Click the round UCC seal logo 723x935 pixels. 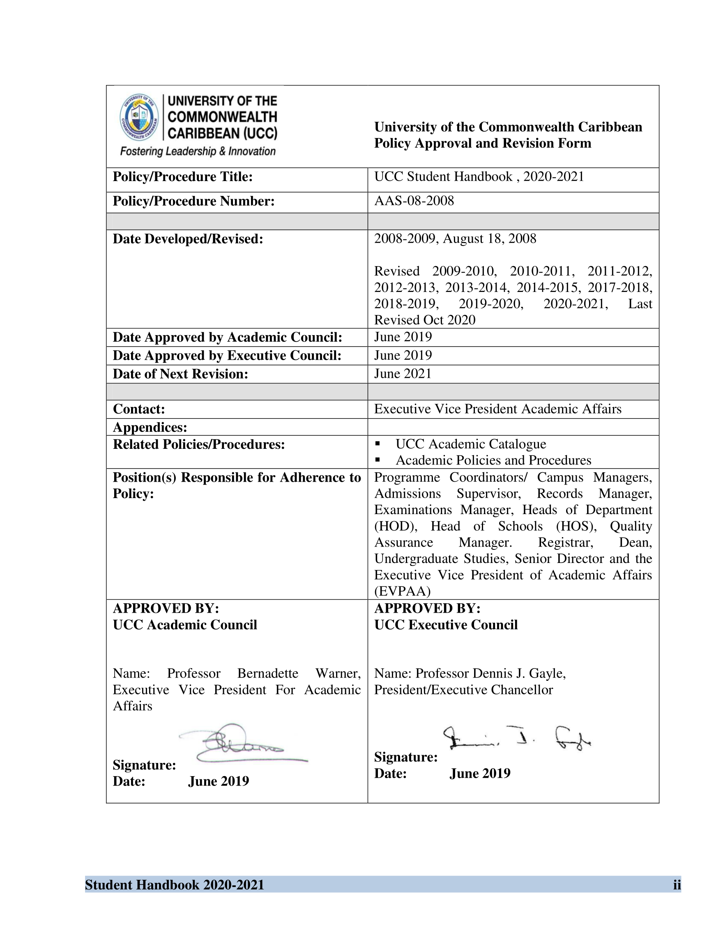[x=139, y=117]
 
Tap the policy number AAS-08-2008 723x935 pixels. [x=414, y=201]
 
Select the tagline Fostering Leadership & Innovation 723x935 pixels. [x=198, y=151]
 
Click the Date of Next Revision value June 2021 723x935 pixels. [x=403, y=374]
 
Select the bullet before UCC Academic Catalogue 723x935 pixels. [x=378, y=443]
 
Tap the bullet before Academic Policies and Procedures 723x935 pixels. [x=378, y=460]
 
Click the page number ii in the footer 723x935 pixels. [x=677, y=885]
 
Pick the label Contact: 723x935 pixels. [x=139, y=409]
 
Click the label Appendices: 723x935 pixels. [x=150, y=427]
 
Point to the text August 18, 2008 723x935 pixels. [x=489, y=239]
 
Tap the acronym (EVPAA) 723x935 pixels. [x=402, y=591]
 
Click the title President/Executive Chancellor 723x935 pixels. [x=463, y=690]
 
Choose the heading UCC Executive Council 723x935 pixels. [x=446, y=625]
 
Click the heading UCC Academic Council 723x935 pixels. [x=184, y=625]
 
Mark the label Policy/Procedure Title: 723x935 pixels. [x=182, y=177]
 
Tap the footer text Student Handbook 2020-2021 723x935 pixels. [x=174, y=885]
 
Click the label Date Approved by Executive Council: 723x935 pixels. [x=227, y=355]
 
